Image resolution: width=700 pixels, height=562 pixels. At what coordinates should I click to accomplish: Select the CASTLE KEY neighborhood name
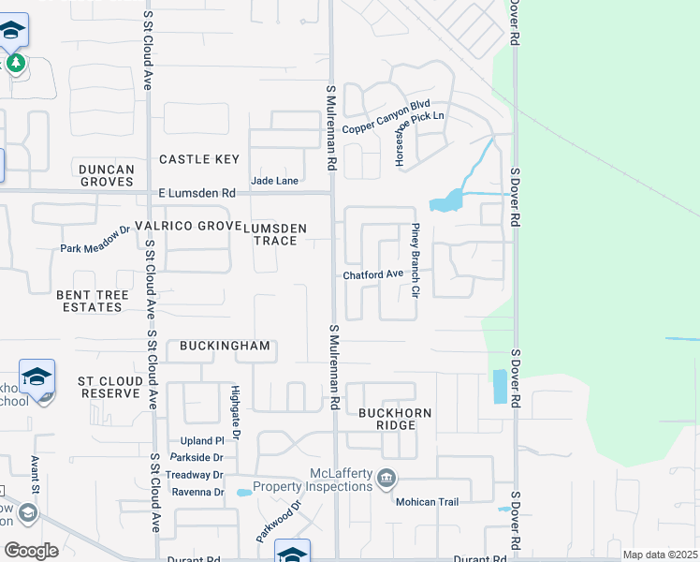point(199,159)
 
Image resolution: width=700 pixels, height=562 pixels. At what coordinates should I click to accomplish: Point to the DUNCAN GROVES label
point(107,175)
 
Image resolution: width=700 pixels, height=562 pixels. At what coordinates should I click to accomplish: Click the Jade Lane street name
point(274,180)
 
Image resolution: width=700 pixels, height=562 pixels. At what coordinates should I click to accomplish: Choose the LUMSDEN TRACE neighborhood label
point(283,234)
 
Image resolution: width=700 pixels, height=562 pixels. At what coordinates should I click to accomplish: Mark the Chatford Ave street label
point(372,274)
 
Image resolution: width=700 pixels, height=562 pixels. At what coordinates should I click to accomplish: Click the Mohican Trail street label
point(427,502)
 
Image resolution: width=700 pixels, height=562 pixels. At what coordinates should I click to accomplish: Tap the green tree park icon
point(15,63)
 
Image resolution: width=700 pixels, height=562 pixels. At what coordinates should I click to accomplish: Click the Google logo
point(31,550)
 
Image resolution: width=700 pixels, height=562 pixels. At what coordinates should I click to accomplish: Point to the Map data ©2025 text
point(660,555)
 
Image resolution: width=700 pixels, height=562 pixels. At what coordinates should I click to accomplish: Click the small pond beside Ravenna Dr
point(243,492)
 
